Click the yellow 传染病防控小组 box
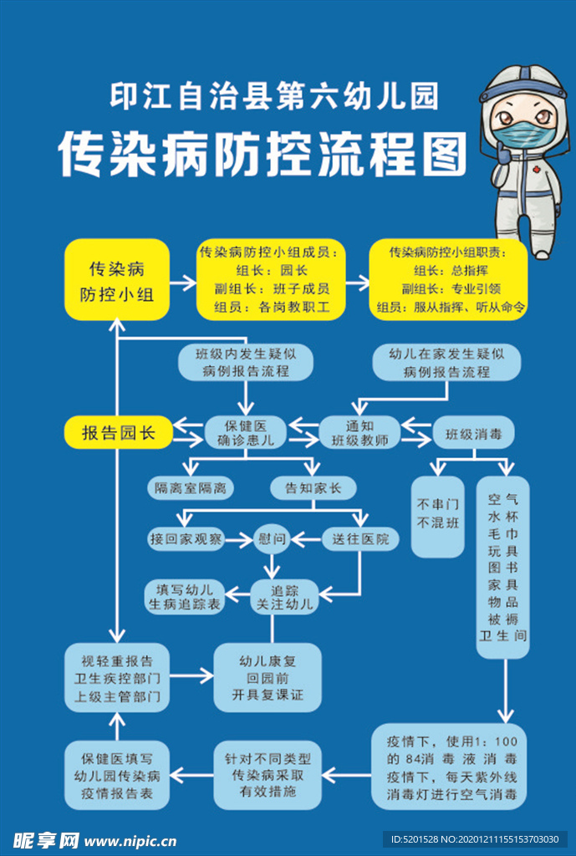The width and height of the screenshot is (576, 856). coord(117,281)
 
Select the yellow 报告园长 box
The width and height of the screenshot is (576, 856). coord(118,432)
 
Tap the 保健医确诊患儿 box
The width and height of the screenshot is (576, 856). coord(246,432)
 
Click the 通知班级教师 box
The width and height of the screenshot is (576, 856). coord(359,432)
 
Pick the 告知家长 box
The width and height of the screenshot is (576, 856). coord(313,488)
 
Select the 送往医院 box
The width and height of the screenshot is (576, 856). coord(360,540)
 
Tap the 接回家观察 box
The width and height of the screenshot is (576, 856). coord(186,540)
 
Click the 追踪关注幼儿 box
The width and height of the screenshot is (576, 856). coord(287,596)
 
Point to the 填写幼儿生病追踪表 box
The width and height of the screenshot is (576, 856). coord(185,596)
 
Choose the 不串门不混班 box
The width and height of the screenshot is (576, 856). coord(438,515)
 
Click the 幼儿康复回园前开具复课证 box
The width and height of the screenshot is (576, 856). coord(268,677)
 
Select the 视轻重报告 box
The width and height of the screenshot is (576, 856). coord(117,675)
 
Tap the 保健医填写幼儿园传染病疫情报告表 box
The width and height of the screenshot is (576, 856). coord(117,777)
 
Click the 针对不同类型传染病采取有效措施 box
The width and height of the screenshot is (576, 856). coord(268,775)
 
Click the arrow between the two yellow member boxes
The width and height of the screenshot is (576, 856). coord(356,282)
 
